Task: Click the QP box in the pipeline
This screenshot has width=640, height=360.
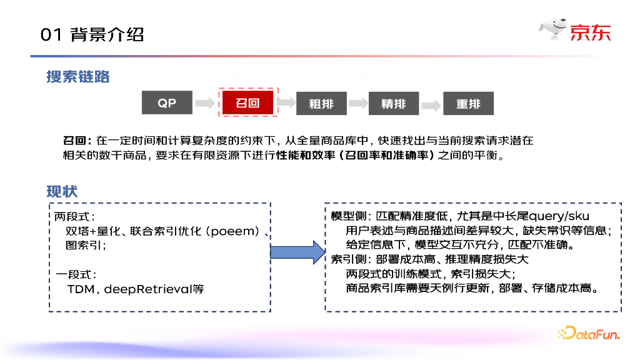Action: [166, 104]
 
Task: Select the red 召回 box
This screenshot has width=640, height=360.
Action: [247, 104]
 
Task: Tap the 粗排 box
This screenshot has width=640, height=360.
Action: [321, 104]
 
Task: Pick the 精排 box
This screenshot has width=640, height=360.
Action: [393, 104]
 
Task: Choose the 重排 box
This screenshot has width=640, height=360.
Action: [468, 104]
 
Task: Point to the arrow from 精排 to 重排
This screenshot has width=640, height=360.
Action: [431, 104]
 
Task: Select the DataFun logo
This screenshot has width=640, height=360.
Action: [588, 334]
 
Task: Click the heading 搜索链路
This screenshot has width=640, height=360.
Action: [78, 76]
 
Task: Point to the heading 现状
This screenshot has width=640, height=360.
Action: [62, 191]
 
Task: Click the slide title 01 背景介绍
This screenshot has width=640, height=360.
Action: [92, 34]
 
